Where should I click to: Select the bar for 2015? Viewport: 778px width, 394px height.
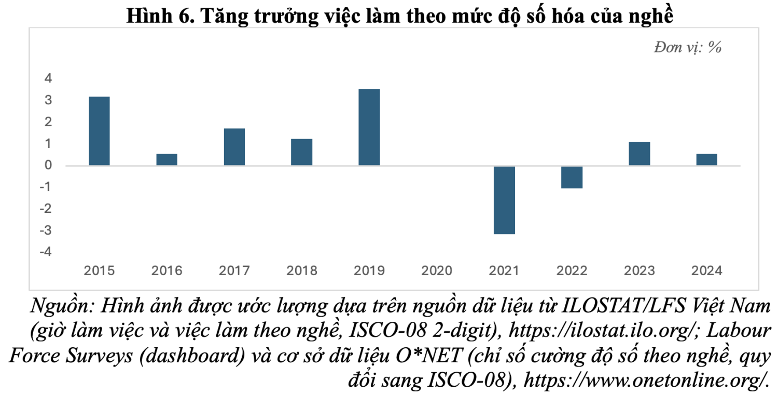pos(99,131)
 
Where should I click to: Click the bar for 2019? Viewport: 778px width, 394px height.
pos(369,127)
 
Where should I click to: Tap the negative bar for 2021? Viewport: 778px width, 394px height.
pos(504,200)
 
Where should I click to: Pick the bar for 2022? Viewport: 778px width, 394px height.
pos(572,177)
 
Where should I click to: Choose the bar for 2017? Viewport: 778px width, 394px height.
pos(234,147)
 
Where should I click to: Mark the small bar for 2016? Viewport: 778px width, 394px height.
pos(166,159)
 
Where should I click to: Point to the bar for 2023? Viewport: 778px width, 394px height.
pos(639,154)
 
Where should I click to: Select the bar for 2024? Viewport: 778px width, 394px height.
pos(706,159)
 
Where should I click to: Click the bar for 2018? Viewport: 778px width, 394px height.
pos(301,152)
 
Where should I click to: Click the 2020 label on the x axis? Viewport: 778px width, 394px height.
pos(437,270)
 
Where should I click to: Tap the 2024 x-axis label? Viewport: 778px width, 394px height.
pos(706,270)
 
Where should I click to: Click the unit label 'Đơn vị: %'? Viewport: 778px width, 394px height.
pos(688,48)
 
